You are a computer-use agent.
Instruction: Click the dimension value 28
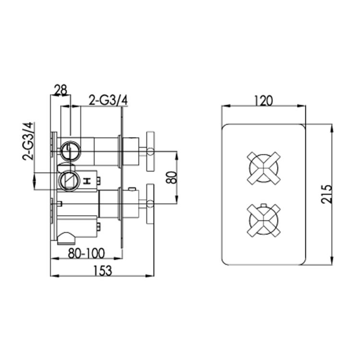coord(60,90)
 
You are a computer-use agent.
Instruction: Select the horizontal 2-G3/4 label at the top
coord(109,100)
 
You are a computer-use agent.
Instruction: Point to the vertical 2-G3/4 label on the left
coord(29,140)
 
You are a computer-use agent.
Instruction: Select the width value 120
coord(263,100)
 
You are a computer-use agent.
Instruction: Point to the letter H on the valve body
coord(87,181)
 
